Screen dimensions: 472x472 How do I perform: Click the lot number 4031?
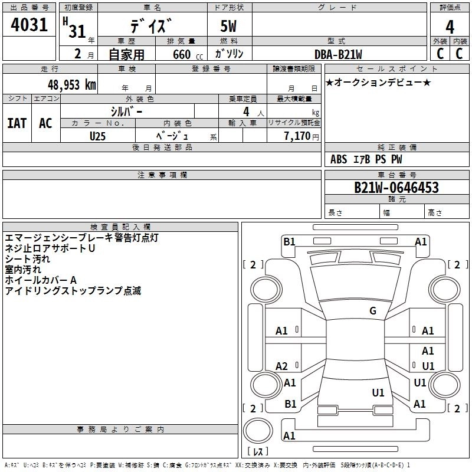[x=29, y=25]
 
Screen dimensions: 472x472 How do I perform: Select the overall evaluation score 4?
[x=450, y=27]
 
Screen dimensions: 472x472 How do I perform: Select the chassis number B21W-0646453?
[x=396, y=188]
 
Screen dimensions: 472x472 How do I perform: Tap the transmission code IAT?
[x=17, y=123]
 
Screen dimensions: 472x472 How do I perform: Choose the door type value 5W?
[x=229, y=27]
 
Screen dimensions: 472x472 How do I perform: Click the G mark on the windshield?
[x=373, y=311]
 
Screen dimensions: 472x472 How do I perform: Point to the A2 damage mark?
[x=282, y=366]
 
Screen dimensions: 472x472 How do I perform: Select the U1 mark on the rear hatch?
[x=378, y=392]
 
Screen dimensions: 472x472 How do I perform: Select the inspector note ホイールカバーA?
[x=41, y=280]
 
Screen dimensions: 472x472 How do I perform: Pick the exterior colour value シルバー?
[x=127, y=111]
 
